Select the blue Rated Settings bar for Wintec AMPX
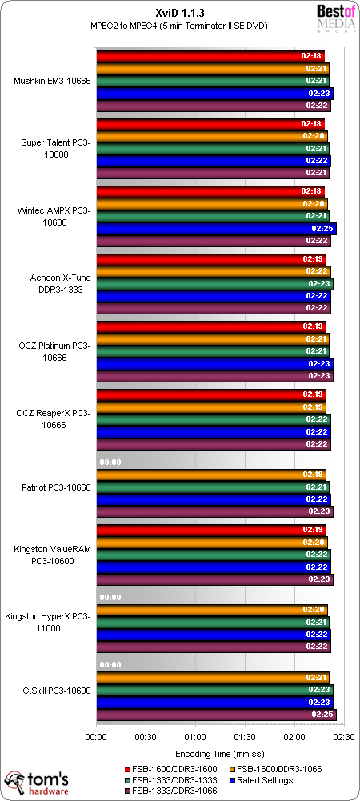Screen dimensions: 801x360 (x=216, y=229)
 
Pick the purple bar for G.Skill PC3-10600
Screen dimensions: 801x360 (x=216, y=715)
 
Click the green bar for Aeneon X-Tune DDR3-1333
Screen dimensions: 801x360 (x=214, y=283)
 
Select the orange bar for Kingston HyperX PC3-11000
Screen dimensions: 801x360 (x=211, y=610)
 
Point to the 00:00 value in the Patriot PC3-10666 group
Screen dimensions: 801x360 (x=109, y=463)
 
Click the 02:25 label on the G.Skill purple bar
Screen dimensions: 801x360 (x=322, y=715)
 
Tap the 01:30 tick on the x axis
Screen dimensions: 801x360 (x=244, y=738)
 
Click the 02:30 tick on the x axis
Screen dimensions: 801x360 (x=343, y=738)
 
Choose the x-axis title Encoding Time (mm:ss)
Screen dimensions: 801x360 (x=219, y=754)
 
